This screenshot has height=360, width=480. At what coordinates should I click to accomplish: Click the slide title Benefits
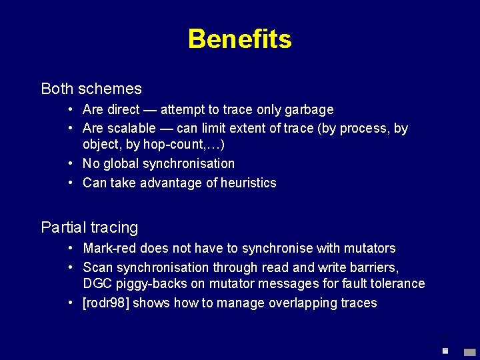click(239, 39)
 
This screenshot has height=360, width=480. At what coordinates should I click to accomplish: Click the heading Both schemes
click(91, 89)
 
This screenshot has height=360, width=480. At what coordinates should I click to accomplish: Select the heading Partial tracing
click(89, 228)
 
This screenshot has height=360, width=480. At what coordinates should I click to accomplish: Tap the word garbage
click(311, 109)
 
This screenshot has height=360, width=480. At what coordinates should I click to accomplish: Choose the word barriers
click(374, 267)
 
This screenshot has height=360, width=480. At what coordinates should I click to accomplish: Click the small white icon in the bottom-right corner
click(445, 350)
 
